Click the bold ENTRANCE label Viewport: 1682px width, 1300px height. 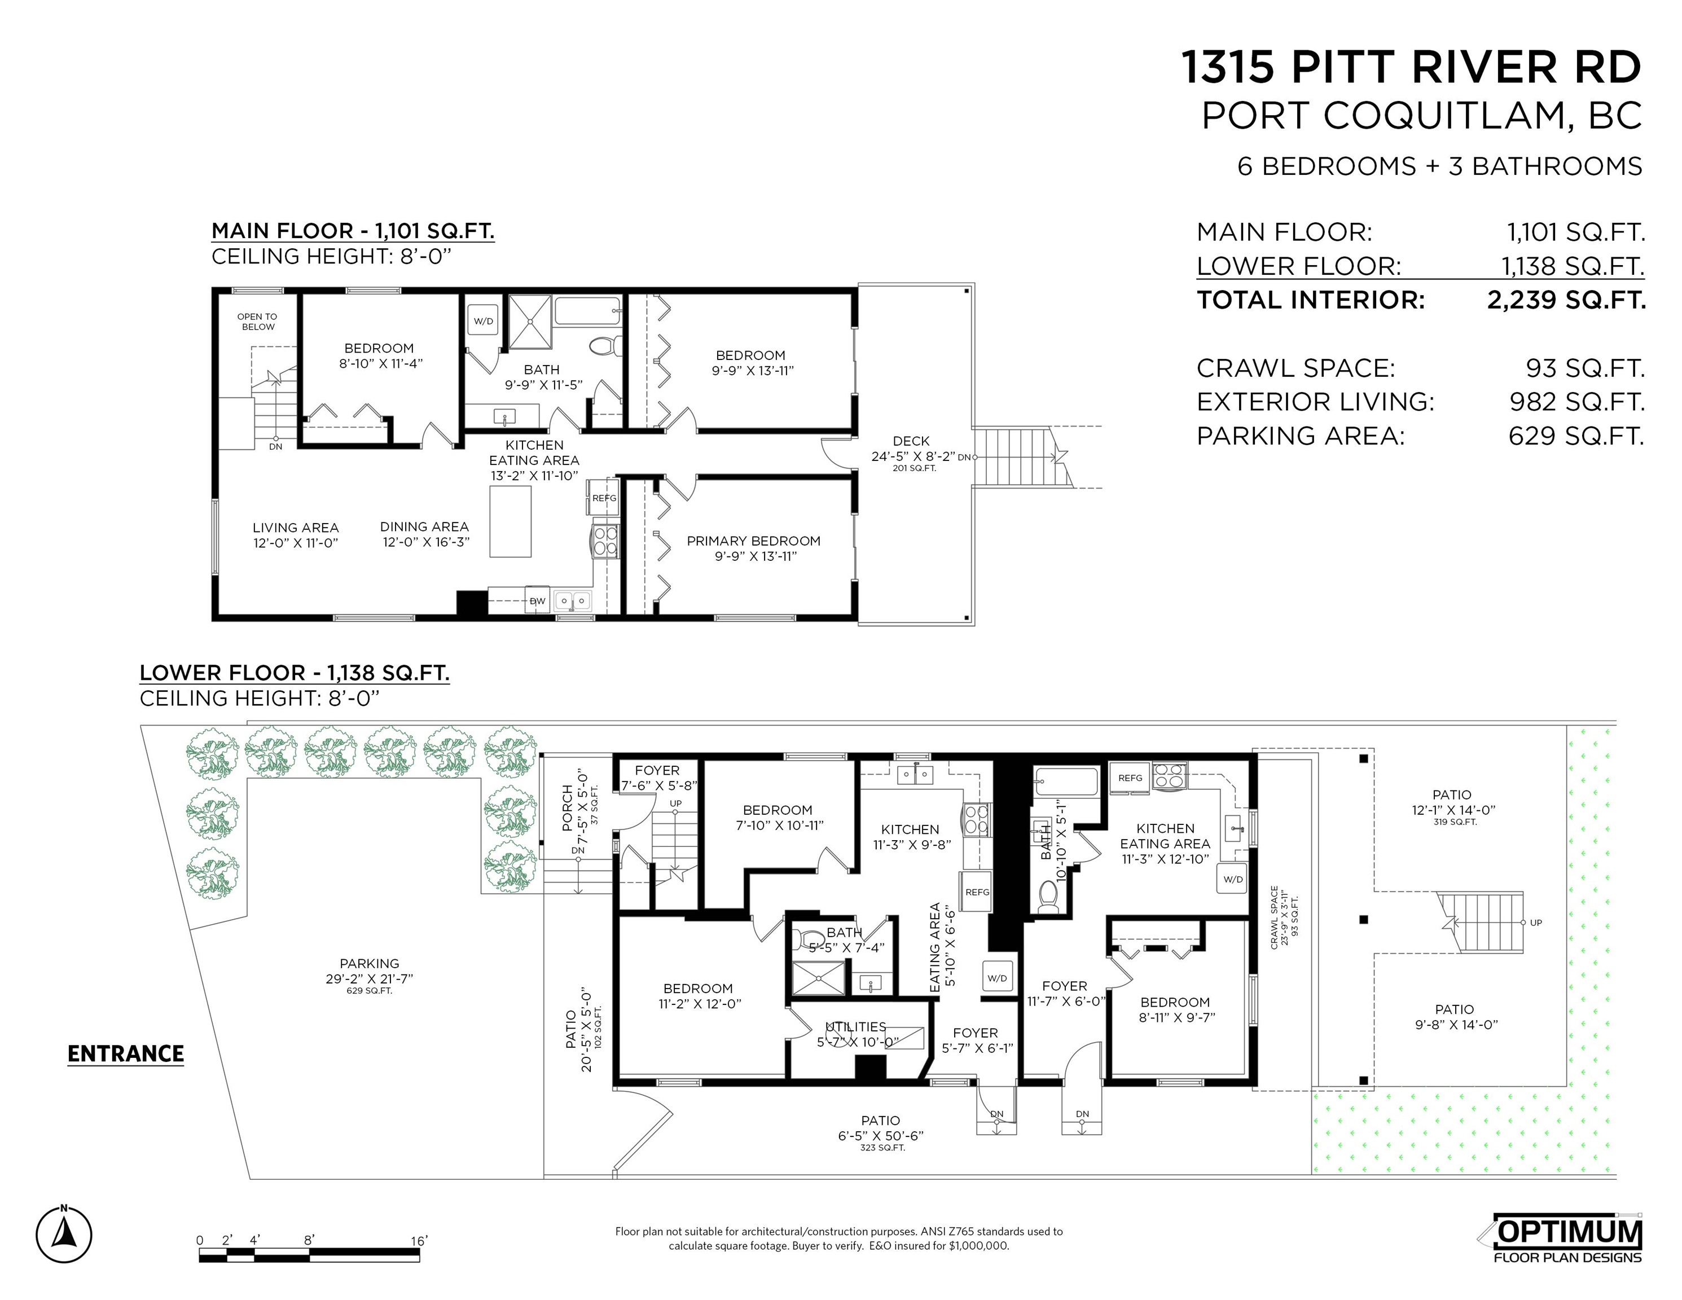tap(125, 1053)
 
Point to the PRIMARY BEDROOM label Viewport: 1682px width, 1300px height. tap(753, 541)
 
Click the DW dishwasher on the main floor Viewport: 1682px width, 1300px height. tap(537, 601)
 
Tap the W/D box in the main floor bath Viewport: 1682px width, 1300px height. tap(484, 320)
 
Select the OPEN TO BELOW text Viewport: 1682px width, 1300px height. tap(257, 321)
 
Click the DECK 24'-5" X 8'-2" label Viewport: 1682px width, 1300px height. tap(911, 448)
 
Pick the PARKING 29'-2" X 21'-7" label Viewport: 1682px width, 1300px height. tap(370, 971)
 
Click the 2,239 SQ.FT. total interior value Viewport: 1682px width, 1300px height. tap(1566, 300)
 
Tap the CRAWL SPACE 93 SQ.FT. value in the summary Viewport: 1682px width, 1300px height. tap(1585, 368)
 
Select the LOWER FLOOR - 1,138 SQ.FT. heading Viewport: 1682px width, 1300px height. tap(294, 673)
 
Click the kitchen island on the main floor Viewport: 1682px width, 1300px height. tap(511, 521)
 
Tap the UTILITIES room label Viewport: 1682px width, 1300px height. tap(855, 1026)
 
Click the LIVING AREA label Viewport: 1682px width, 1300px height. tap(296, 528)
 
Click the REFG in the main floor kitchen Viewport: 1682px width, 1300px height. tap(604, 498)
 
